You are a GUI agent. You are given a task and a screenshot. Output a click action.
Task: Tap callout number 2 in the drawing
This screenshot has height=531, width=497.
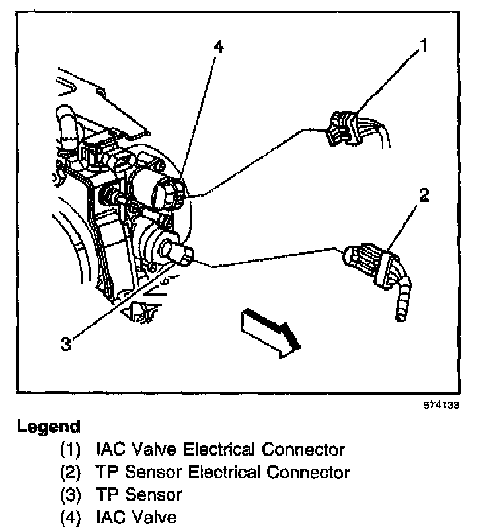point(424,195)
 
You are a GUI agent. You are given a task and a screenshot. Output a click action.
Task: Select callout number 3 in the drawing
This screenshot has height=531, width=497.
point(65,343)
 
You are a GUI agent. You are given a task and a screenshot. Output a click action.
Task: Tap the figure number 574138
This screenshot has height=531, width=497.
point(441,406)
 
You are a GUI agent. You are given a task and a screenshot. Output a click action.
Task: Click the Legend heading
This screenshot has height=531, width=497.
point(48,426)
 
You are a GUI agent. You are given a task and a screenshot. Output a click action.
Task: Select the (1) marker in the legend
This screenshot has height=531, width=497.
point(70,450)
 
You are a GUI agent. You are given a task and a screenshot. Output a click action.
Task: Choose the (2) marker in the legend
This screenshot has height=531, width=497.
point(70,472)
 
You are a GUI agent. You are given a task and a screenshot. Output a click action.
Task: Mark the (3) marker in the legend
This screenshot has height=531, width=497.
point(70,494)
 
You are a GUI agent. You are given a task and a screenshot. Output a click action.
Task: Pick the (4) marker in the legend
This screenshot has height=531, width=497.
point(70,516)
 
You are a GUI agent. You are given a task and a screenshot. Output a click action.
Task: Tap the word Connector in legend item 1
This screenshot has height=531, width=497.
point(303,450)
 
